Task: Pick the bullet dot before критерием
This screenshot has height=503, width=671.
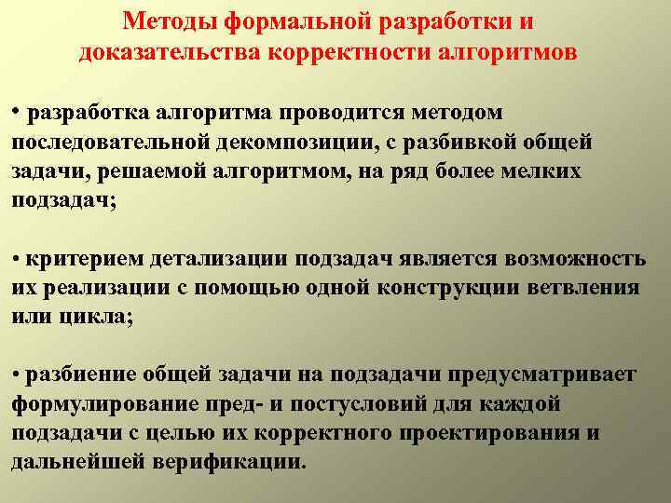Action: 17,256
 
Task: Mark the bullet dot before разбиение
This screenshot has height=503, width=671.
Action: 17,373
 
